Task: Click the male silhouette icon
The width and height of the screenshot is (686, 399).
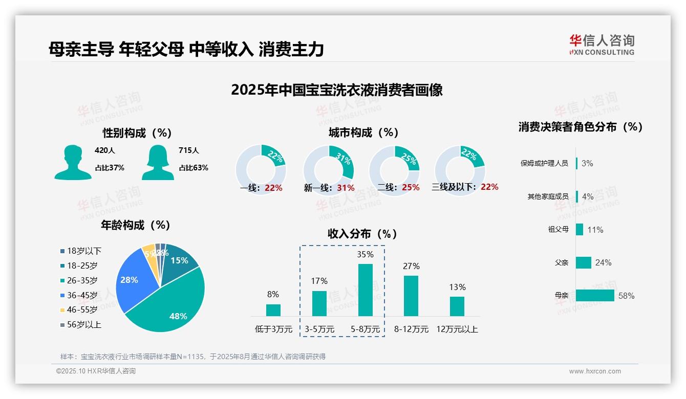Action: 73,162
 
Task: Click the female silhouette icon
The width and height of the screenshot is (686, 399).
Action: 158,162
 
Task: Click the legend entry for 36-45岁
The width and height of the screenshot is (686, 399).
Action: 82,295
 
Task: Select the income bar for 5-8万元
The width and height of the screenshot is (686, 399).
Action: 366,290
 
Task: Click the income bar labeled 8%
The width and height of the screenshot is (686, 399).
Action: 273,310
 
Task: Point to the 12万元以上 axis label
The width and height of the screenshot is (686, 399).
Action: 457,329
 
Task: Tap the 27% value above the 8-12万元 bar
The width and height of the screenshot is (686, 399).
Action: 411,266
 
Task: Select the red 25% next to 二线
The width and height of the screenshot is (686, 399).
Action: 411,188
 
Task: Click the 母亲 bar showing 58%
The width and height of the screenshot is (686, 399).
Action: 595,295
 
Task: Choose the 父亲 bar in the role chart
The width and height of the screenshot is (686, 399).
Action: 584,262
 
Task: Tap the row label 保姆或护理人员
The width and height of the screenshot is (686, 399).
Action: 544,163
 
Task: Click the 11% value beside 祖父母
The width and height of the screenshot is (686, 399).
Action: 595,230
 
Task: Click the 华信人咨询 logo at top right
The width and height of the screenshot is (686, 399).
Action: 602,45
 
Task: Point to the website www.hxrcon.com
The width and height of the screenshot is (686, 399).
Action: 595,371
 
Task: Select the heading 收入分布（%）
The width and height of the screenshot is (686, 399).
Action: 362,234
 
